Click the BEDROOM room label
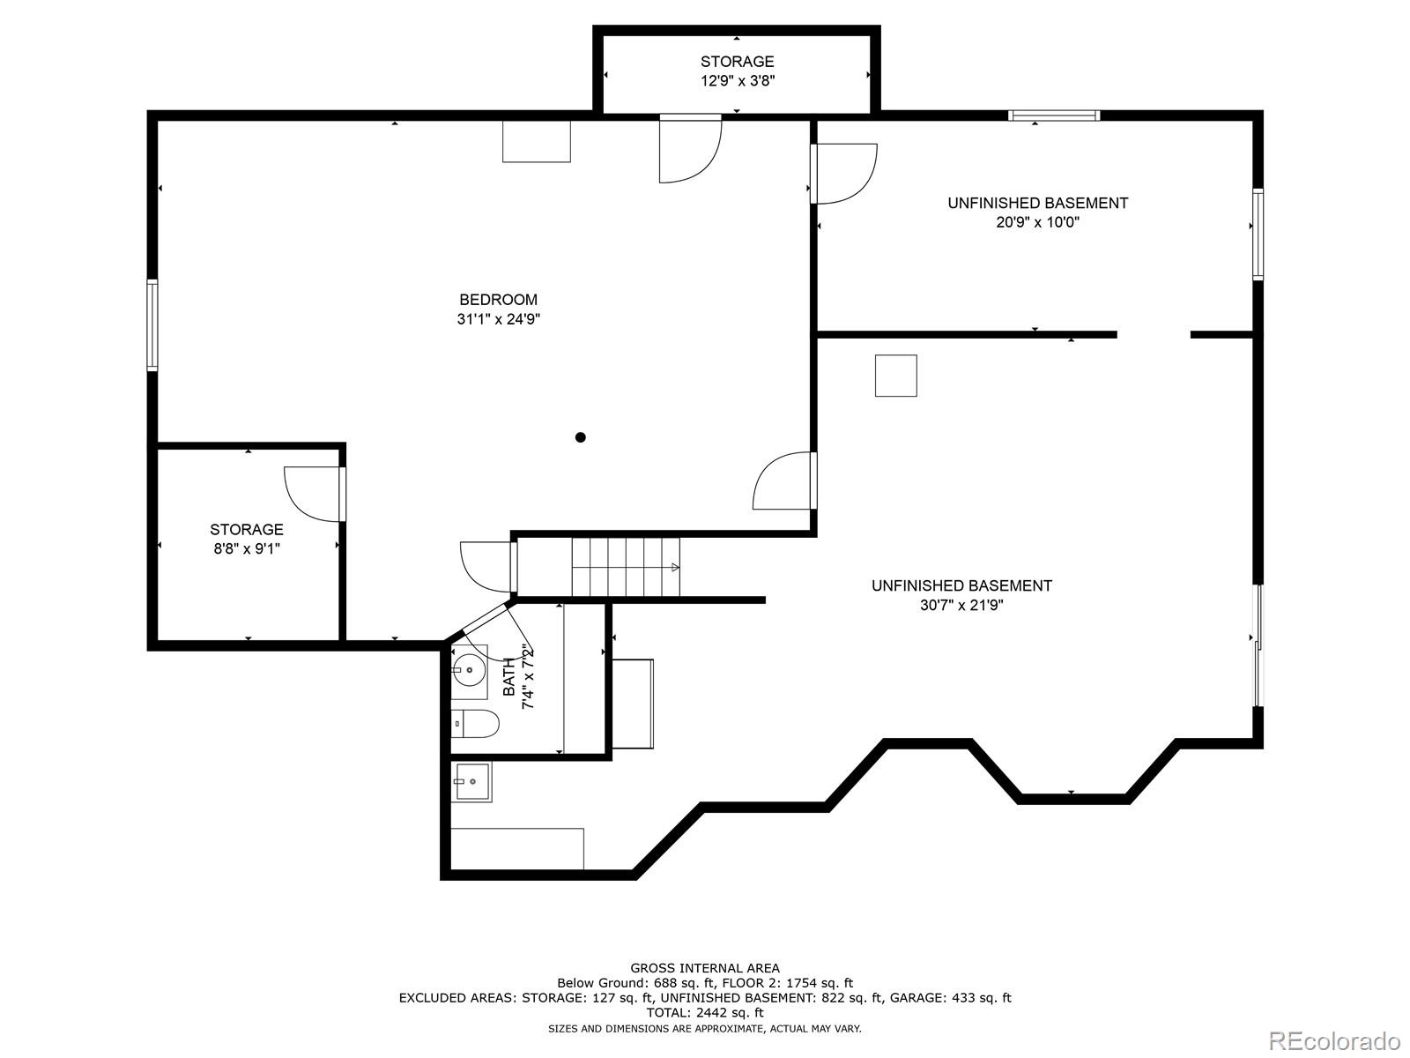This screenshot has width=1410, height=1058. (x=498, y=300)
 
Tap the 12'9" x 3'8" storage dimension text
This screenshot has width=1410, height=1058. (x=737, y=81)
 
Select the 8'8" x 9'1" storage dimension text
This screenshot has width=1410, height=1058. (x=246, y=548)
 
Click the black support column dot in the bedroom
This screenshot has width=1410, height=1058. (x=580, y=437)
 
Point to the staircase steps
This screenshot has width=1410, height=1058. (x=625, y=566)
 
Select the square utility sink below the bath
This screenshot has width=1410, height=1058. (x=472, y=781)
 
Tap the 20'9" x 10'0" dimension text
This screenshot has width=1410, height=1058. (x=1037, y=222)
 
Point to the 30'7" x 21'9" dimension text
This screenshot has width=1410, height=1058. (x=961, y=605)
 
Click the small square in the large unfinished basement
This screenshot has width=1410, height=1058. (x=895, y=376)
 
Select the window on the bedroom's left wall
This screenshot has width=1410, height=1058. (x=152, y=324)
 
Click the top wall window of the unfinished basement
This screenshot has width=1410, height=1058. (x=1054, y=115)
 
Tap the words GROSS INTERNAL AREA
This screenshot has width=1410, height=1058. (x=704, y=968)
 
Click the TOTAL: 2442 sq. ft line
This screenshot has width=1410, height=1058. (x=704, y=1013)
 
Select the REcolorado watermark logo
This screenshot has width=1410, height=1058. (x=1334, y=1039)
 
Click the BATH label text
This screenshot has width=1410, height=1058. (x=509, y=677)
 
